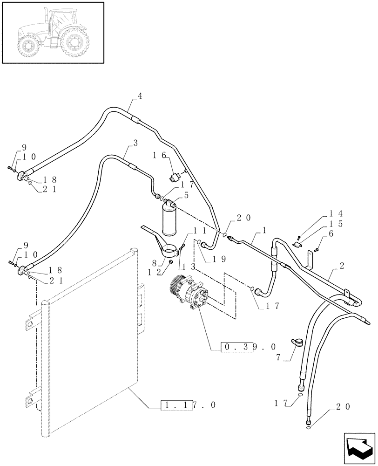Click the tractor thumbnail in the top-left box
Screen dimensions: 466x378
pyautogui.click(x=52, y=32)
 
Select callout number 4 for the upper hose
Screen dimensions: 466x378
pyautogui.click(x=140, y=96)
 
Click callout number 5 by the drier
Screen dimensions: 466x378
pyautogui.click(x=186, y=195)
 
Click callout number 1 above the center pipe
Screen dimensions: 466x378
pyautogui.click(x=265, y=230)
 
